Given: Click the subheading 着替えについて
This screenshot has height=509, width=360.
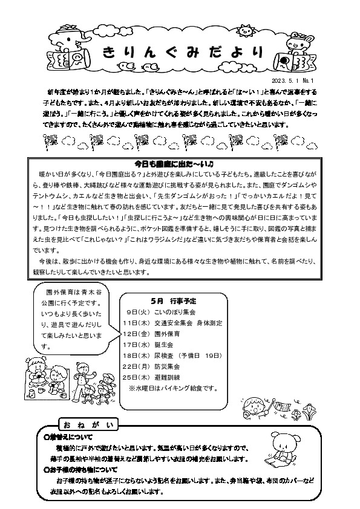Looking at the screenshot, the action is [x=70, y=435].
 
